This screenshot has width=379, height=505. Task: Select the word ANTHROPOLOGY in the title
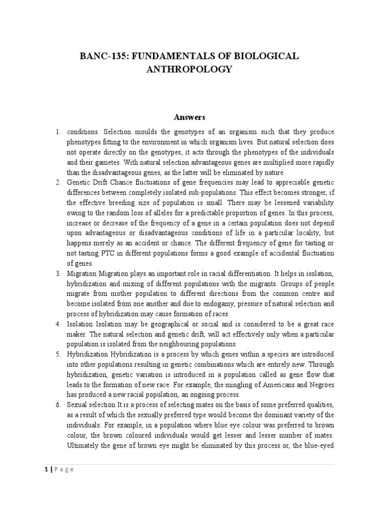[189, 70]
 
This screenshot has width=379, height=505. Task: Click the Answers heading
[189, 117]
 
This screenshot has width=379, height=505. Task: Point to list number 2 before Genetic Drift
[58, 182]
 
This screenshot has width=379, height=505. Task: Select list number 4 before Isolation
[58, 324]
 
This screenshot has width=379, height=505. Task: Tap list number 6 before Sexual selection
[58, 405]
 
